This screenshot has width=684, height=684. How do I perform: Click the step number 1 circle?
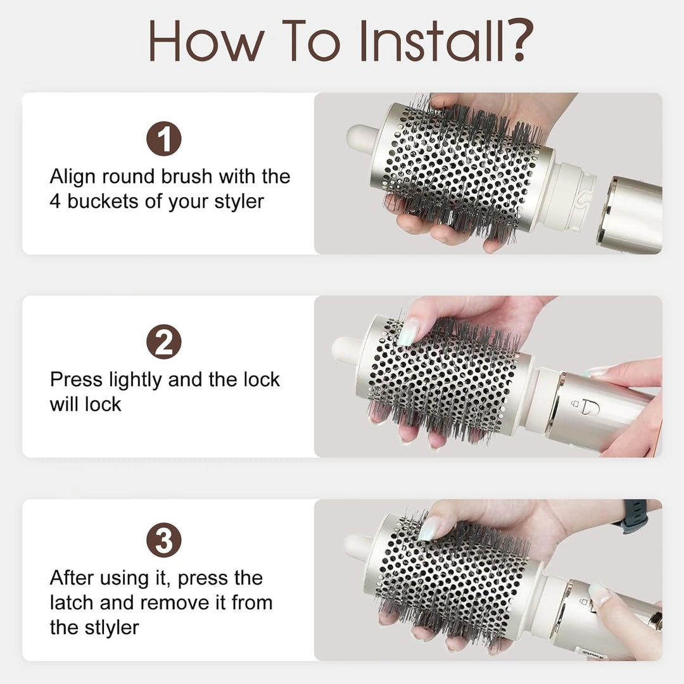pyautogui.click(x=164, y=139)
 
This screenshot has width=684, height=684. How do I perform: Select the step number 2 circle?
pyautogui.click(x=164, y=341)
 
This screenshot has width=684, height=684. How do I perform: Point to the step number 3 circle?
pyautogui.click(x=164, y=540)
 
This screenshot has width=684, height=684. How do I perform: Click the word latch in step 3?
pyautogui.click(x=72, y=603)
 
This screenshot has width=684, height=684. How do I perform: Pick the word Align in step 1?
pyautogui.click(x=72, y=177)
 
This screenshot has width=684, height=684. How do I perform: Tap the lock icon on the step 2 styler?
pyautogui.click(x=576, y=403)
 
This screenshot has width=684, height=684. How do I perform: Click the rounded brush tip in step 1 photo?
pyautogui.click(x=360, y=137)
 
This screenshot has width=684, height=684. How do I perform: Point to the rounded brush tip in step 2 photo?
pyautogui.click(x=346, y=350)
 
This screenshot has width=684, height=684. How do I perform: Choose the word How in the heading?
pyautogui.click(x=206, y=40)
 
